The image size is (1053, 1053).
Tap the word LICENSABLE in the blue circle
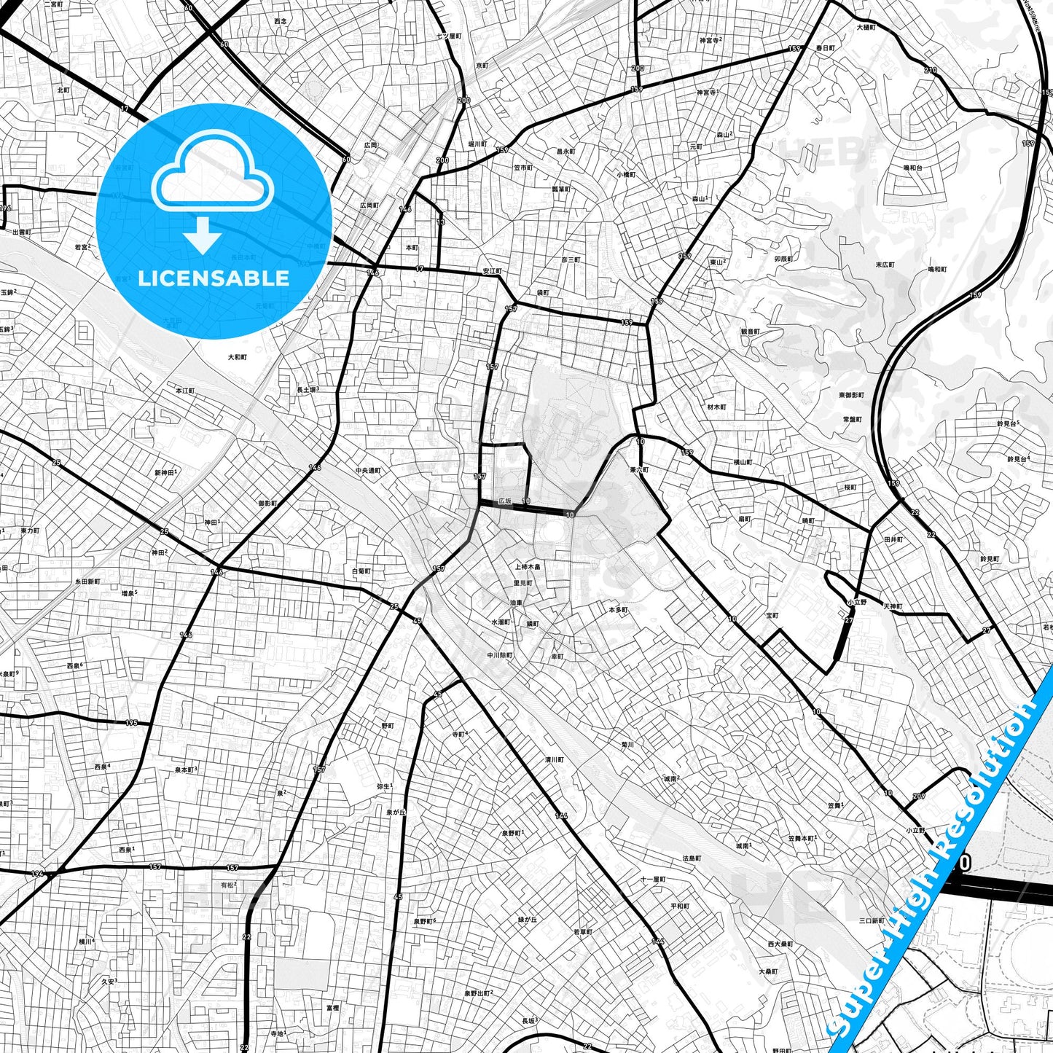point(214,278)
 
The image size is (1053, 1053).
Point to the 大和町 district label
point(237,357)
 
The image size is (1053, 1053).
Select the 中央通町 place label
point(368,471)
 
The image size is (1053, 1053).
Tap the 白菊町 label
point(361,571)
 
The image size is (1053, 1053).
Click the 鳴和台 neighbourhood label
point(913,168)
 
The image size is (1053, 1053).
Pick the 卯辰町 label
point(783,259)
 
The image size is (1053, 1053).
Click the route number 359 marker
point(684,256)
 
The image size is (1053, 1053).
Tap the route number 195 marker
point(131,723)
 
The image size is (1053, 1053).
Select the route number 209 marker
point(918,796)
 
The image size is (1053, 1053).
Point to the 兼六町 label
point(639,470)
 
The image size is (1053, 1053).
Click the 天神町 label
point(893,606)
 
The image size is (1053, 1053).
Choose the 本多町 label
point(618,609)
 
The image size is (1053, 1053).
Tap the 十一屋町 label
point(652,880)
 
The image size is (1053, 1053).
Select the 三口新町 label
point(871,920)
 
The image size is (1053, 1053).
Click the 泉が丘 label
point(395,812)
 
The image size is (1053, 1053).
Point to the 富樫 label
point(332,1008)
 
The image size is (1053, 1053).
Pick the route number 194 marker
point(38,873)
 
